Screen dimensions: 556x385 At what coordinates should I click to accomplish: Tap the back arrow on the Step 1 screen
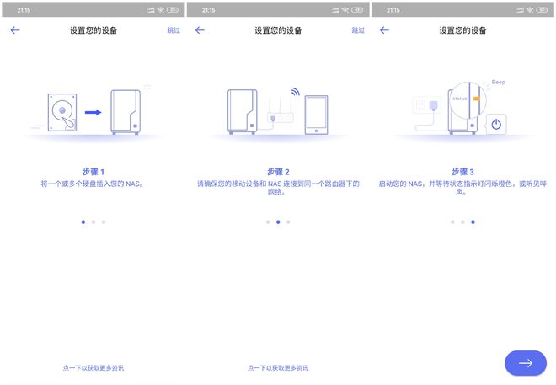tap(15, 30)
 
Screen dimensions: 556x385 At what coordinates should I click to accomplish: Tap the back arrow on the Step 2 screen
tap(200, 30)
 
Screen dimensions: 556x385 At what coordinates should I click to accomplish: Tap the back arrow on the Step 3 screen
tap(384, 30)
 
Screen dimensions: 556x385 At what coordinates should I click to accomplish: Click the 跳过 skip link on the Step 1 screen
tap(174, 30)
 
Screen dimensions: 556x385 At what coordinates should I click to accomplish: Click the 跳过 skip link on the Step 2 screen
tap(358, 30)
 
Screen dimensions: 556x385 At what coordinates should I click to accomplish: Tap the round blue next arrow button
tap(526, 363)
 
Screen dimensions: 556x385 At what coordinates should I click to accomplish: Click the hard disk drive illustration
tap(62, 112)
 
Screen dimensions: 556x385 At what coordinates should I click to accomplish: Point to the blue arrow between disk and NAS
tap(94, 112)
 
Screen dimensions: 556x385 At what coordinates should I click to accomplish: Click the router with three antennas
tap(281, 110)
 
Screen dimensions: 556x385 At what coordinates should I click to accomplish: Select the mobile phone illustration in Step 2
tap(316, 115)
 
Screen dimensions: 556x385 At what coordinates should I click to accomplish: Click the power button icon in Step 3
tap(496, 124)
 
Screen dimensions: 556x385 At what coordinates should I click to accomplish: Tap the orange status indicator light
tap(476, 99)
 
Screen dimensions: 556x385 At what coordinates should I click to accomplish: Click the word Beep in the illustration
tap(499, 83)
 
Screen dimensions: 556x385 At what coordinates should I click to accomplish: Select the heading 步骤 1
tap(94, 172)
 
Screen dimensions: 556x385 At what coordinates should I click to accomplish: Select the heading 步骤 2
tap(278, 172)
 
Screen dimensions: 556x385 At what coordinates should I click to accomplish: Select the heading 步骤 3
tap(462, 172)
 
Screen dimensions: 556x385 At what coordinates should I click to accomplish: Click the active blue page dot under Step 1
tap(83, 222)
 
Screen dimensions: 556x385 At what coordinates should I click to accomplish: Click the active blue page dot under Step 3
tap(473, 222)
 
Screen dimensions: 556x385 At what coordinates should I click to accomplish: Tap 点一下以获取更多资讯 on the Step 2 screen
tap(278, 368)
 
